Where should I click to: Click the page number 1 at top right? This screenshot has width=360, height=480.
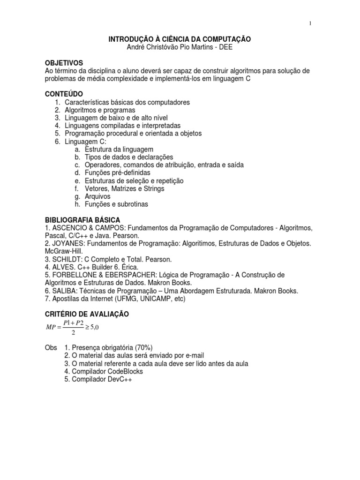(310, 24)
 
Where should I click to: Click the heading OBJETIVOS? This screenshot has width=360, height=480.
(64, 62)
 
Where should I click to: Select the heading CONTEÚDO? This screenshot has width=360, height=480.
(64, 94)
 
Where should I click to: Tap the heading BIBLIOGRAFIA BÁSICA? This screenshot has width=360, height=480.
(82, 220)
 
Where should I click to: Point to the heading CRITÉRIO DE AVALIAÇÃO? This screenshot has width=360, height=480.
(86, 314)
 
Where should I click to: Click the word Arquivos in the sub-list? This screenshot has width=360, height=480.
(97, 196)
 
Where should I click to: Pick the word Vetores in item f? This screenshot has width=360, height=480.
(96, 188)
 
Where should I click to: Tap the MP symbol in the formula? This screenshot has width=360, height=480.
(51, 328)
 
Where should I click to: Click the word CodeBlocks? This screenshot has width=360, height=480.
(124, 371)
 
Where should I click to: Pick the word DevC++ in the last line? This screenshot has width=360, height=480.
(119, 379)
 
